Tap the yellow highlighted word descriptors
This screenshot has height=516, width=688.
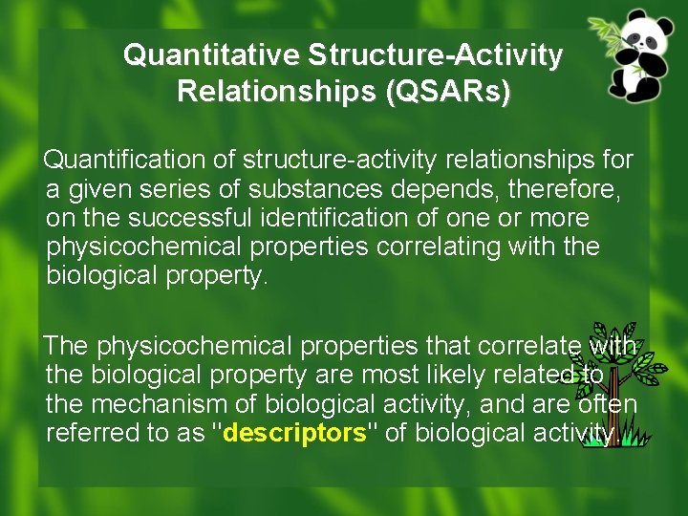click(294, 433)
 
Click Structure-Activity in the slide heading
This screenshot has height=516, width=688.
click(435, 55)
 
